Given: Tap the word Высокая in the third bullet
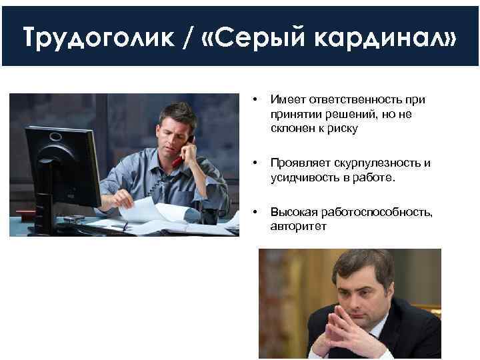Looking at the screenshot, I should [x=290, y=212].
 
